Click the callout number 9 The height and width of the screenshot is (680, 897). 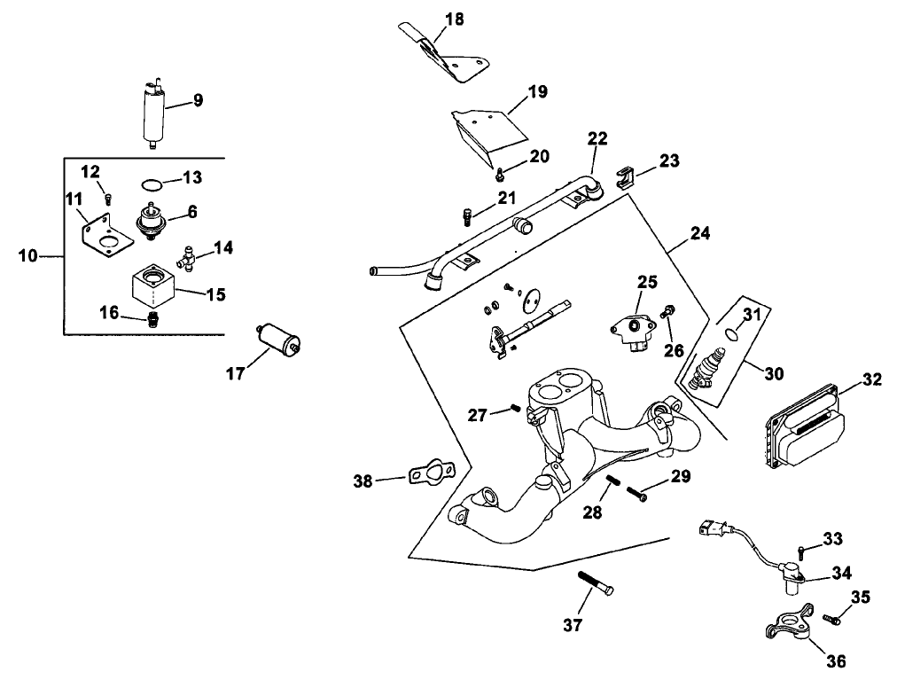coord(198,101)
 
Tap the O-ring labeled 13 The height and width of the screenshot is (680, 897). coord(152,185)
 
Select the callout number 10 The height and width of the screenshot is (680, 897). coord(28,255)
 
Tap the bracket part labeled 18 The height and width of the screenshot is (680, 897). coord(452,60)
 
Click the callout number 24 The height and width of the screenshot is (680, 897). coord(700,235)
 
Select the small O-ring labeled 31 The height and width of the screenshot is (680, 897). coord(729,333)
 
